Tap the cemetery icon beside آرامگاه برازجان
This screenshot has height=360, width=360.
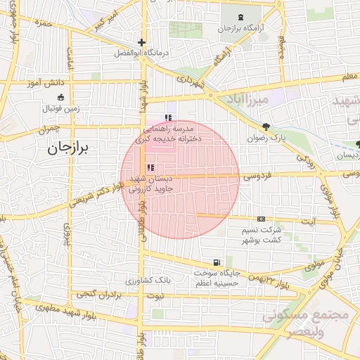[242, 17]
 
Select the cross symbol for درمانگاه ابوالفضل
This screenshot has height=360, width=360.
[142, 42]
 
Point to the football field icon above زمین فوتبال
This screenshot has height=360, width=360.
[60, 98]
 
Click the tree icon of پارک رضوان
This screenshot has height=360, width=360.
[266, 127]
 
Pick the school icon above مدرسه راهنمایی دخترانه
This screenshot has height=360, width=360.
[167, 118]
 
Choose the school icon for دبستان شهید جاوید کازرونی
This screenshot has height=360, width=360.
[150, 167]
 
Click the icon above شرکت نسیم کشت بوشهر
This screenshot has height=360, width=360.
[261, 219]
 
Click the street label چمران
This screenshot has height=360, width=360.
[51, 130]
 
